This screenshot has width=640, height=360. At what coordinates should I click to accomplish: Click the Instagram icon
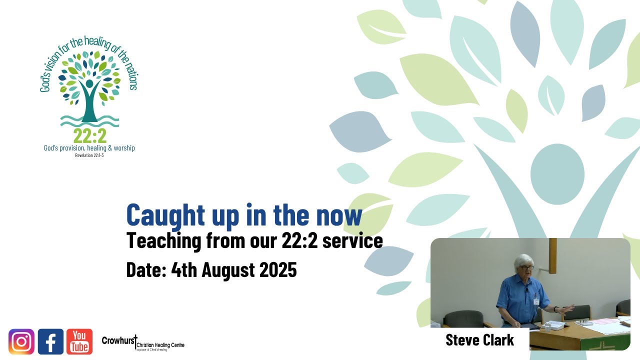coord(21,341)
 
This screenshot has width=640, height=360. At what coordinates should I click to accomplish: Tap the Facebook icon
coord(50,341)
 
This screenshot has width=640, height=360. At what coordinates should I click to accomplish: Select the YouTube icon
coord(79,341)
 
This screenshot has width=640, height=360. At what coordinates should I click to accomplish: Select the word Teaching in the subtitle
coord(163,240)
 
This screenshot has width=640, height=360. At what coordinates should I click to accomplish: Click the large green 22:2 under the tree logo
coord(89,135)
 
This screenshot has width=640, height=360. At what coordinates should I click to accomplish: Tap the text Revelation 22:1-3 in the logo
coord(89,155)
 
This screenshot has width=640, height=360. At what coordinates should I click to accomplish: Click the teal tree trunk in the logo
coord(89,107)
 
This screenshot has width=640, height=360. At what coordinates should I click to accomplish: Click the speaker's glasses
coord(526,267)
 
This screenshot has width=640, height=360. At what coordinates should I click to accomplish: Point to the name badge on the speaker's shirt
coord(536,302)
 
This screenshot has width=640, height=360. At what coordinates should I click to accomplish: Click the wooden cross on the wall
coord(552,255)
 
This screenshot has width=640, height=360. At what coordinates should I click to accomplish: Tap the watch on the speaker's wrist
coord(556,309)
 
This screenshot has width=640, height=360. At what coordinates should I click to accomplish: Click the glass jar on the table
coord(548,326)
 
